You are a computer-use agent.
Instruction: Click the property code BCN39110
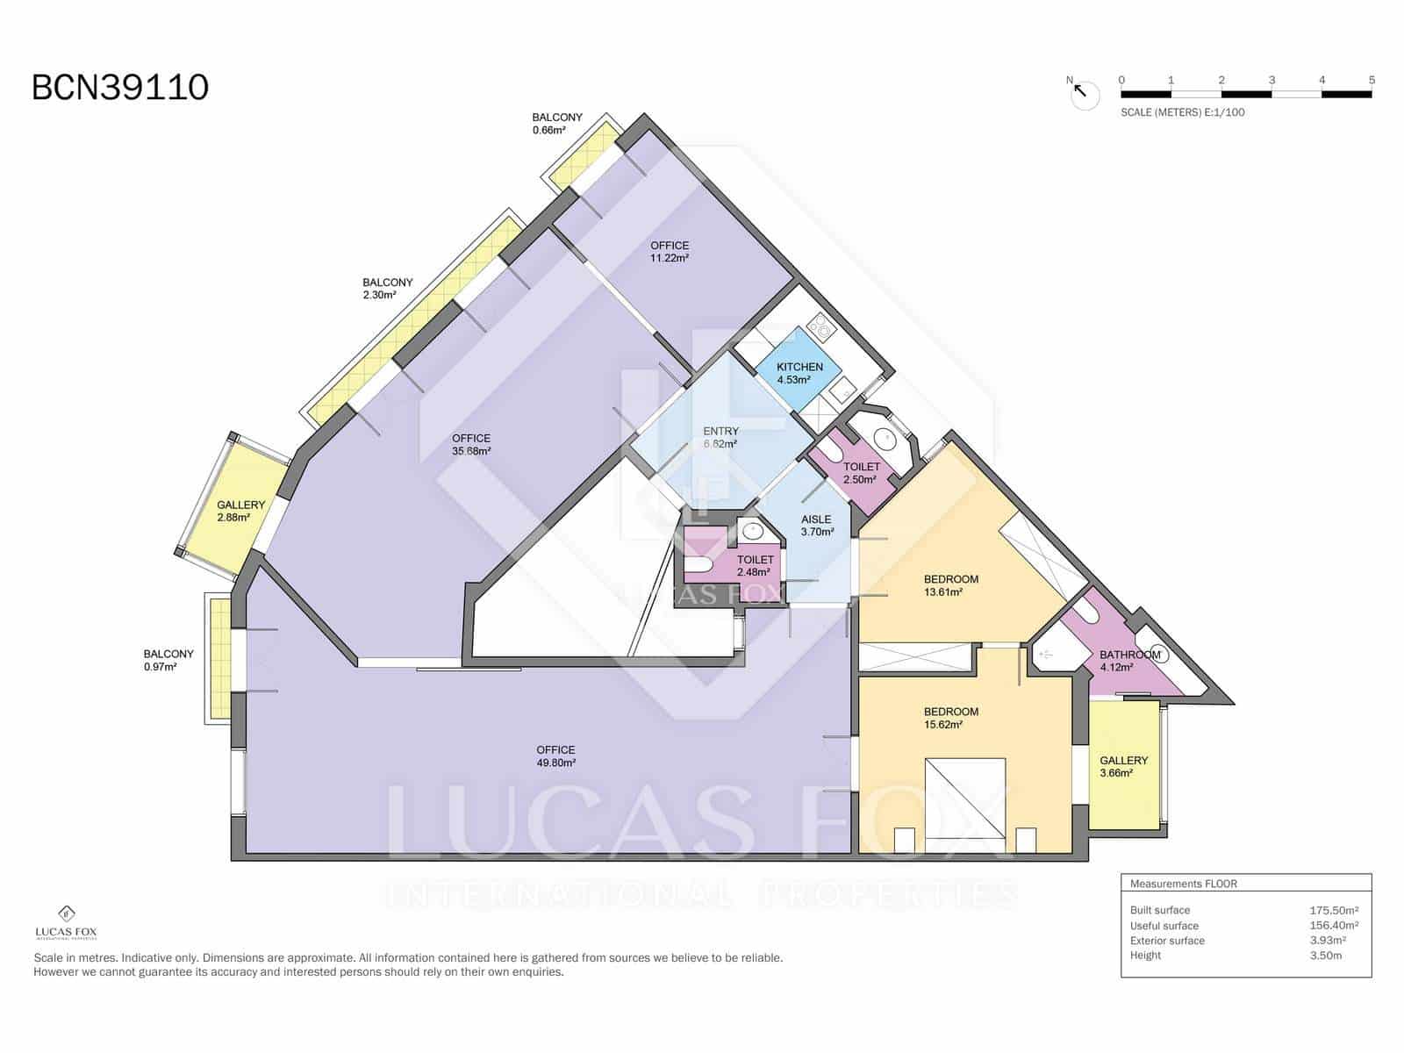pos(120,88)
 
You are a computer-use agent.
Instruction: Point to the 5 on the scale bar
pos(1372,80)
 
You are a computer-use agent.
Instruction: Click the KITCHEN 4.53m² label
pos(799,373)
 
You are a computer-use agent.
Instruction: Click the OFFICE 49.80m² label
pos(555,756)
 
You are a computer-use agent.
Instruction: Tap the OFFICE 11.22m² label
pos(670,252)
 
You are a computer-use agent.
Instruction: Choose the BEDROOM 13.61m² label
pos(950,585)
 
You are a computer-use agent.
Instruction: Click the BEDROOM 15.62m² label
pos(950,718)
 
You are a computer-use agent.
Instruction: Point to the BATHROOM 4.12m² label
pos(1128,661)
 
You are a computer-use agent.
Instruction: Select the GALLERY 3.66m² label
pos(1123,766)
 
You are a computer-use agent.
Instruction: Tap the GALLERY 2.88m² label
pos(240,511)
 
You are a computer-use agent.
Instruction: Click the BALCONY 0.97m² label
pos(168,660)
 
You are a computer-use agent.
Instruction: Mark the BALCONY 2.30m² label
pos(387,289)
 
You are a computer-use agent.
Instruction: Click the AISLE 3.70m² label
pos(816,525)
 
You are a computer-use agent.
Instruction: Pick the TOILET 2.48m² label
pos(755,565)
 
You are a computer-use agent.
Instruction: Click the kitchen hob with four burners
pos(823,327)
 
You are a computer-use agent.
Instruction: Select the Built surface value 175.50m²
pos(1333,911)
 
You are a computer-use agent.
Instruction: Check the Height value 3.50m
pos(1325,956)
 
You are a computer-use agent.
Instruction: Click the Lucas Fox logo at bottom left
pos(66,921)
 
